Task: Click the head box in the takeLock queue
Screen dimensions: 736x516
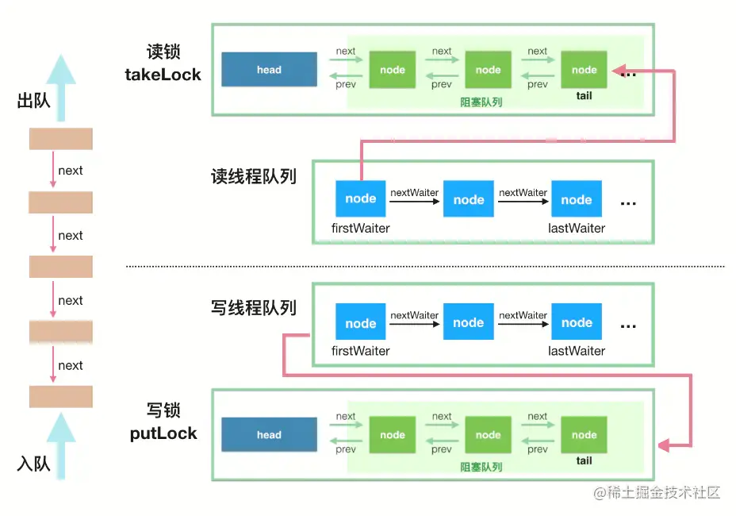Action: pyautogui.click(x=269, y=70)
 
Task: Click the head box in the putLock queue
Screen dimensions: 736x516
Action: pyautogui.click(x=269, y=435)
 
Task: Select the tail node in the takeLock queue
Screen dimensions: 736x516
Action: pyautogui.click(x=584, y=70)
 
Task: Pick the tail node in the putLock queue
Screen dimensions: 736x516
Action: pyautogui.click(x=584, y=435)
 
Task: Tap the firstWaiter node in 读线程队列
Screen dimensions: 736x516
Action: pyautogui.click(x=361, y=198)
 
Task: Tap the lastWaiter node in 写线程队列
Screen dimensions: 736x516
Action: pyautogui.click(x=577, y=322)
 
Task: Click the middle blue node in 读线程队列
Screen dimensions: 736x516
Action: pyautogui.click(x=469, y=198)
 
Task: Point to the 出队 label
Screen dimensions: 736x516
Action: pyautogui.click(x=33, y=100)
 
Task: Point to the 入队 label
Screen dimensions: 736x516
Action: pyautogui.click(x=33, y=464)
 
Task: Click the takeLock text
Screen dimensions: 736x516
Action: pyautogui.click(x=163, y=75)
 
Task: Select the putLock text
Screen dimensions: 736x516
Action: pyautogui.click(x=163, y=433)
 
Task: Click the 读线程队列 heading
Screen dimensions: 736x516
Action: pyautogui.click(x=254, y=177)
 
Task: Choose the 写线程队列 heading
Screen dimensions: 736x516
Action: pyautogui.click(x=254, y=308)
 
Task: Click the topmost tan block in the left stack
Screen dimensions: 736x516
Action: pyautogui.click(x=61, y=139)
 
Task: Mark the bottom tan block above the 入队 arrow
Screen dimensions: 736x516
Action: pyautogui.click(x=61, y=397)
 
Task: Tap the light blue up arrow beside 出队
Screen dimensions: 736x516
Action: pyautogui.click(x=61, y=87)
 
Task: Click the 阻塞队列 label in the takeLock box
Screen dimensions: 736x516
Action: pyautogui.click(x=481, y=102)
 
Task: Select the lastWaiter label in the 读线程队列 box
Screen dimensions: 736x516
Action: pyautogui.click(x=577, y=229)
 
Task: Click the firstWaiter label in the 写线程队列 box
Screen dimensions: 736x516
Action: pyautogui.click(x=361, y=351)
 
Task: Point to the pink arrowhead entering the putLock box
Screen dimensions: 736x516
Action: pyautogui.click(x=664, y=445)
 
